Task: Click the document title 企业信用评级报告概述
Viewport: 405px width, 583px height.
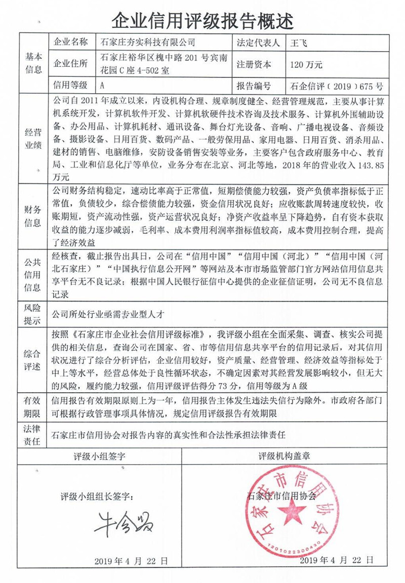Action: (202, 21)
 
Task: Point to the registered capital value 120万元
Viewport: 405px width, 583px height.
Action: (306, 64)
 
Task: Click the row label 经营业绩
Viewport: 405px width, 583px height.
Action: (33, 139)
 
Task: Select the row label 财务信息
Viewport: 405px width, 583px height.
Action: (33, 216)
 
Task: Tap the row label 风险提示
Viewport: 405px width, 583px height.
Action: (33, 313)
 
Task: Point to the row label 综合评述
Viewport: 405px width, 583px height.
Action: (33, 360)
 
